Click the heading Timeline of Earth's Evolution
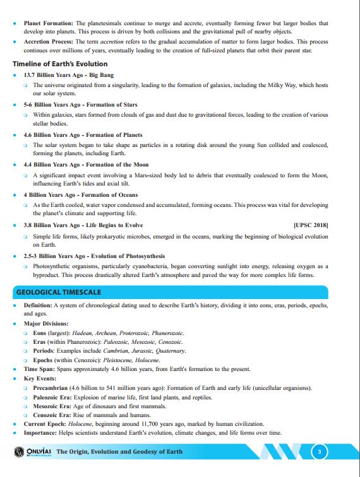[x=60, y=64]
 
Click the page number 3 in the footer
[x=320, y=452]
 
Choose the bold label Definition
[x=38, y=305]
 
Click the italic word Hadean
[x=81, y=333]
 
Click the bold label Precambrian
[x=53, y=388]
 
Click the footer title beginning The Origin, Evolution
[x=119, y=452]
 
